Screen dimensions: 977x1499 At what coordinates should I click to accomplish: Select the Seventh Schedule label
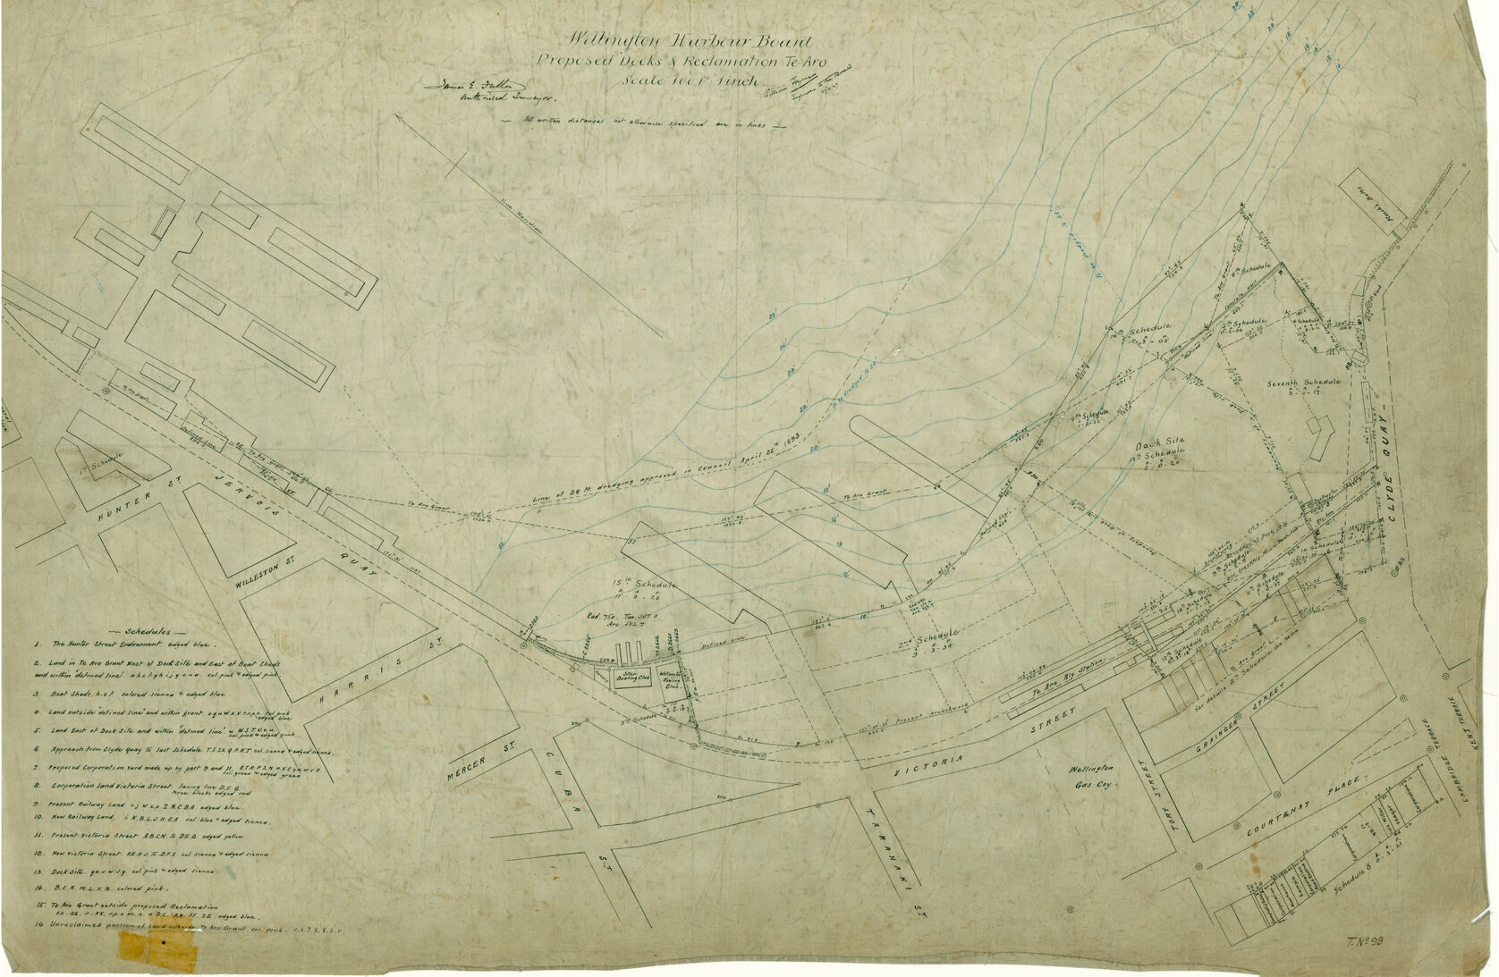(1304, 382)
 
